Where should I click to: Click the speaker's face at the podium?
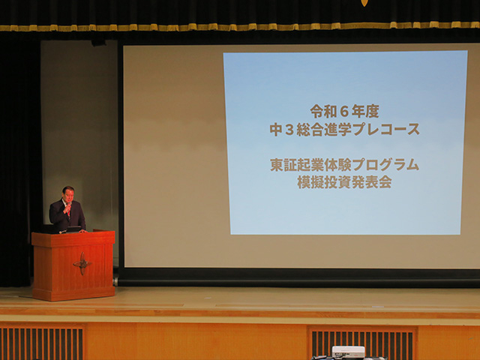[x=68, y=195]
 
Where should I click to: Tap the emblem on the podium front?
[x=82, y=263]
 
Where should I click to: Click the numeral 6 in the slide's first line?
[x=344, y=112]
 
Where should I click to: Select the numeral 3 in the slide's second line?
[x=289, y=130]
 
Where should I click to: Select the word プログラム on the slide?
[x=385, y=165]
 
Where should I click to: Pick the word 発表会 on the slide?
[x=372, y=183]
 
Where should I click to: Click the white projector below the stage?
[x=348, y=352]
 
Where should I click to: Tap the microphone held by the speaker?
[x=70, y=205]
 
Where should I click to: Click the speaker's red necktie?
[x=68, y=211]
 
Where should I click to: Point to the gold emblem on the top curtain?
[x=364, y=3]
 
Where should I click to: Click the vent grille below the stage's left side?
[x=42, y=343]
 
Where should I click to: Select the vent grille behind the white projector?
[x=362, y=343]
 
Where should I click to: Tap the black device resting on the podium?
[x=73, y=229]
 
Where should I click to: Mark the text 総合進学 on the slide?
[x=324, y=130]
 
